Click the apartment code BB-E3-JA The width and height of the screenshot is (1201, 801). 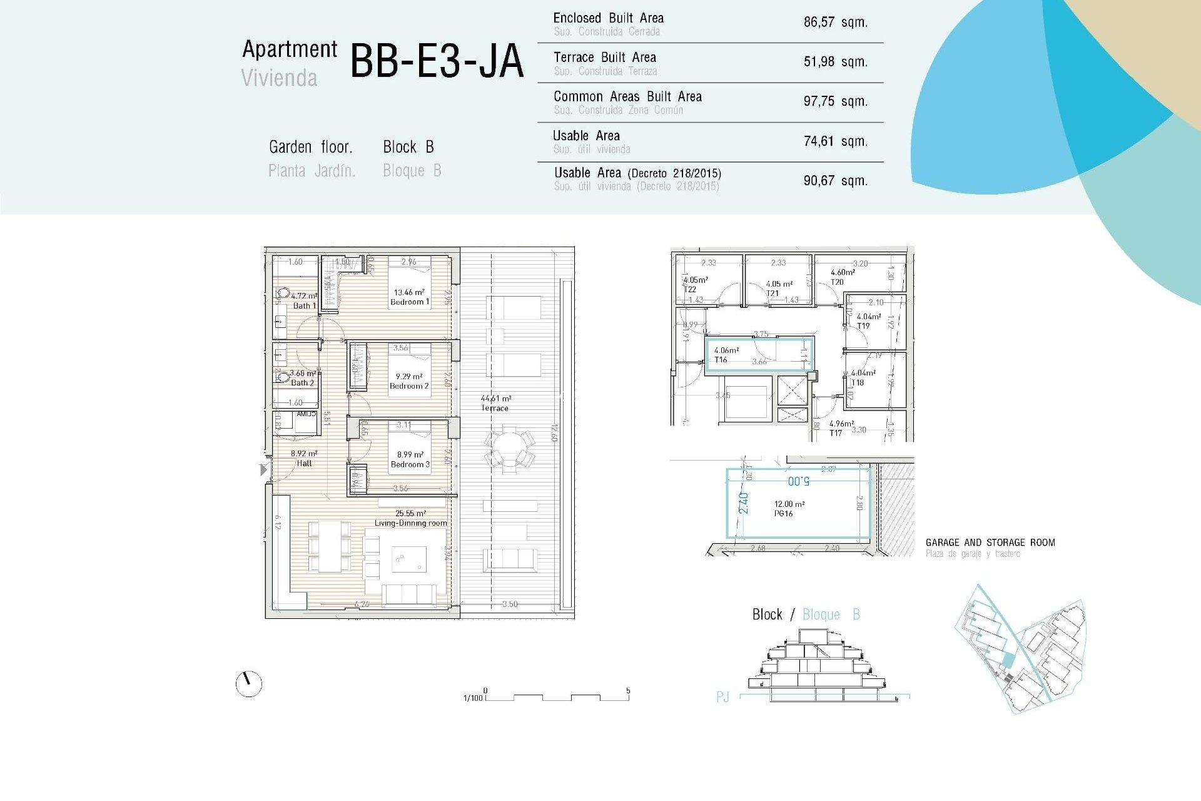[436, 61]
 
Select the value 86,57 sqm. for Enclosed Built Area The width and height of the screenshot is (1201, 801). [835, 23]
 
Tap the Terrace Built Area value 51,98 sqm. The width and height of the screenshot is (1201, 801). [835, 62]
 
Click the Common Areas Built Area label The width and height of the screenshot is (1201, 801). [627, 97]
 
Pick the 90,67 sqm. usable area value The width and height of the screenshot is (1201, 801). [835, 181]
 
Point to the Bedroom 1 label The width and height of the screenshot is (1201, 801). [410, 302]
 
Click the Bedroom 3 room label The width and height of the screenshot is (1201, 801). [410, 464]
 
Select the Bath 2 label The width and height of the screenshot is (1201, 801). [302, 383]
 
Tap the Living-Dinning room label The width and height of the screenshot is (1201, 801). [410, 523]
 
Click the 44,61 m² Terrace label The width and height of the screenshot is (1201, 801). [495, 403]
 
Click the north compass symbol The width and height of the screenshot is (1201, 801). [249, 684]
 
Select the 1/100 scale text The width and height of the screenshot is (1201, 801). [473, 698]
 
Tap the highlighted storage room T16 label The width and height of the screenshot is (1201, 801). [721, 360]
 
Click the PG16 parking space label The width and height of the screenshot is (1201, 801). [783, 514]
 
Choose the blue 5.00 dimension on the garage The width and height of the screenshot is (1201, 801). [799, 481]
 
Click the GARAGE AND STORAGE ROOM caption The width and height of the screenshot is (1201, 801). [990, 543]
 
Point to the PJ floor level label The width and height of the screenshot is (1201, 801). [722, 697]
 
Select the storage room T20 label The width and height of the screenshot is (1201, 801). [837, 282]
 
